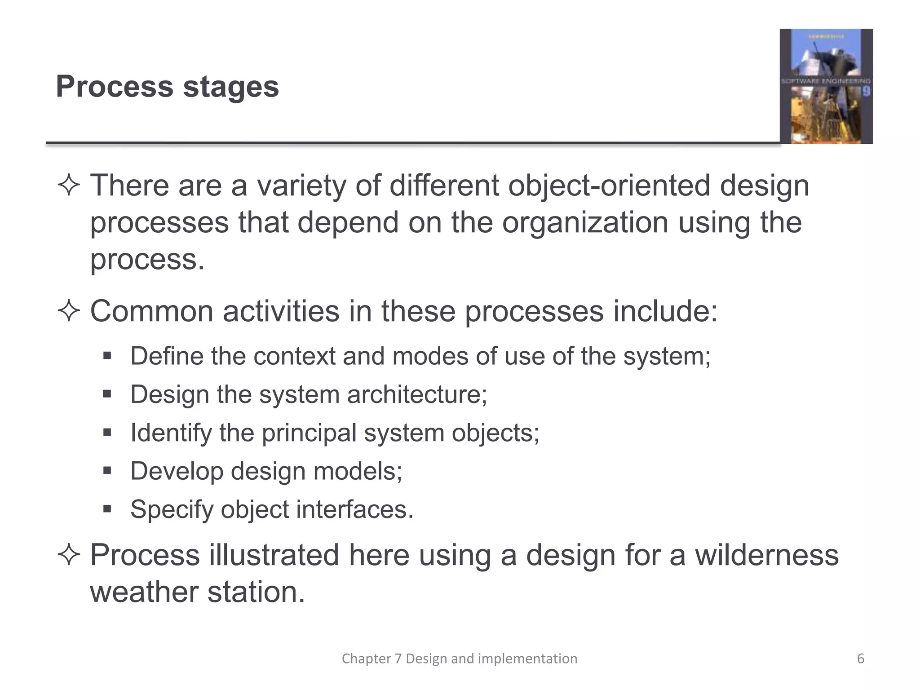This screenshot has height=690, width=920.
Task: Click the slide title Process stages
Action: click(x=167, y=86)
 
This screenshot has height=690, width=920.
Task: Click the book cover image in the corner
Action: click(x=826, y=86)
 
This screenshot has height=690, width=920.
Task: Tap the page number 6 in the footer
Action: click(x=861, y=659)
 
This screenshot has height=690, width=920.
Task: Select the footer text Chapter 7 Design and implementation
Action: click(x=460, y=659)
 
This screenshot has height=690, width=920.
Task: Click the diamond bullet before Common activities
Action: click(x=69, y=311)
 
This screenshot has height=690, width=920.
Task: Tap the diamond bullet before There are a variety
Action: click(x=69, y=185)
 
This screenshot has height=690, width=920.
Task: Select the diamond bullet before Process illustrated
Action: click(x=69, y=555)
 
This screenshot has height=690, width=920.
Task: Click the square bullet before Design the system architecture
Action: click(x=107, y=394)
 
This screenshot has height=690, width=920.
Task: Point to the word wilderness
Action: click(x=766, y=555)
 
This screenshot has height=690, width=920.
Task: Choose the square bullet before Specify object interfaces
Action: click(x=107, y=509)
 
